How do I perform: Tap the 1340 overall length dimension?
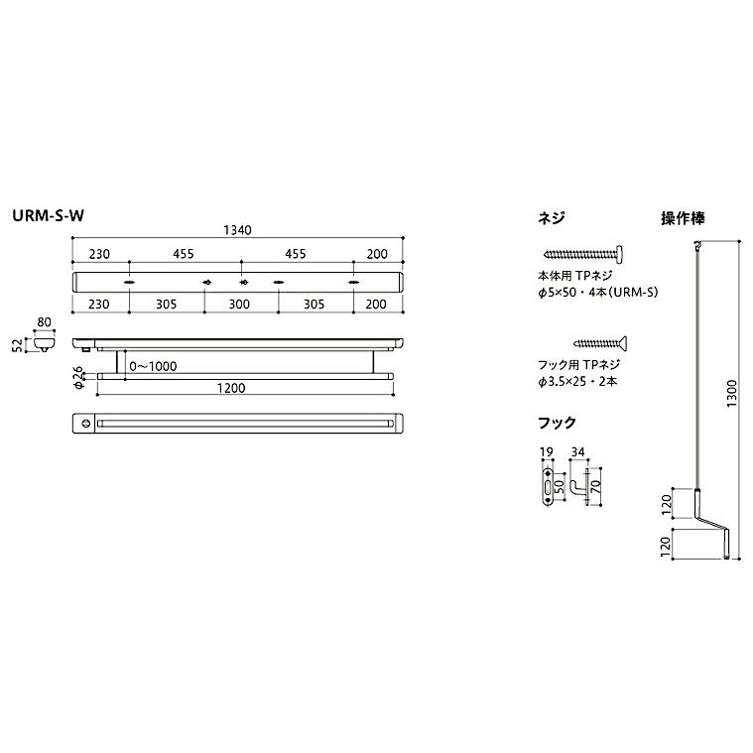click(239, 230)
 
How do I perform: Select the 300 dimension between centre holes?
click(239, 305)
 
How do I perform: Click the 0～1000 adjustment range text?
click(153, 366)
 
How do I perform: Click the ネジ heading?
click(551, 217)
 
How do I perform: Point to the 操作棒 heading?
click(683, 217)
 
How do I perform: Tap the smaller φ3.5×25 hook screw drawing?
click(604, 343)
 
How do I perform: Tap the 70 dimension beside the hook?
click(596, 487)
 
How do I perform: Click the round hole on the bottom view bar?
click(85, 424)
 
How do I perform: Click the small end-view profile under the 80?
click(42, 343)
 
